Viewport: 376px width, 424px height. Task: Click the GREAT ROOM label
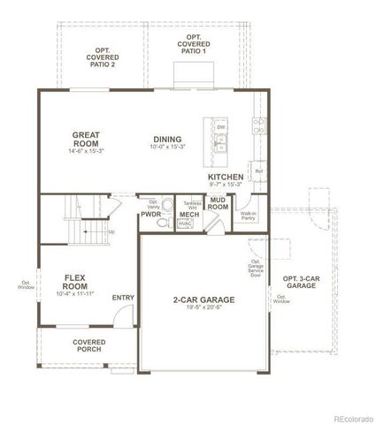pos(86,140)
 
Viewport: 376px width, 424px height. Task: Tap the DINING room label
pos(167,139)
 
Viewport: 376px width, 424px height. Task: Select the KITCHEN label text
pos(226,177)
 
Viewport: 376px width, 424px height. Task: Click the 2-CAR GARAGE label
pos(203,299)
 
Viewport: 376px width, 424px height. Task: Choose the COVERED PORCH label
pos(88,344)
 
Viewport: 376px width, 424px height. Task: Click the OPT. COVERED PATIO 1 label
pos(193,43)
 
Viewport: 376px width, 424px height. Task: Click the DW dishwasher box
pos(220,127)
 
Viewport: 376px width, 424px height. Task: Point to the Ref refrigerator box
pos(258,170)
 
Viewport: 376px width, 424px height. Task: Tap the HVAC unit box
pos(185,224)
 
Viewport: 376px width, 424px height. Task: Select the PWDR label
pos(150,214)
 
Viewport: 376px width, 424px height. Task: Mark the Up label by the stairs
pos(111,232)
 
